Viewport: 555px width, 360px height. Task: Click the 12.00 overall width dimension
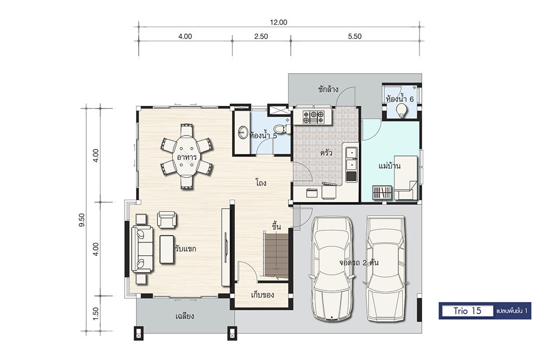pos(279,22)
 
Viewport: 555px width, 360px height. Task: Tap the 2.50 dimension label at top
pos(261,36)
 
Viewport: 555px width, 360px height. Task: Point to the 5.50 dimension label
pos(354,36)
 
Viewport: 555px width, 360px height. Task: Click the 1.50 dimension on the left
pos(96,313)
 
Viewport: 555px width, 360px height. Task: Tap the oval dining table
pos(186,156)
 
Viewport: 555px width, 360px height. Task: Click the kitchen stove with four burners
pos(313,117)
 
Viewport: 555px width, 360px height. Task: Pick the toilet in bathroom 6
pos(401,111)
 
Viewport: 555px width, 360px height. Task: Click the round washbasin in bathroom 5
pos(243,133)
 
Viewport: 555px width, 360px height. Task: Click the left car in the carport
pos(332,269)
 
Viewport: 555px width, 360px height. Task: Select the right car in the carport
pos(385,269)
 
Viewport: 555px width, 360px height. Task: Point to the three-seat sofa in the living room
pos(143,249)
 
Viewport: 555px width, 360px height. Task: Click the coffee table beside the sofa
pos(167,249)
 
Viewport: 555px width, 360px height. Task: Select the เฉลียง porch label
pos(184,316)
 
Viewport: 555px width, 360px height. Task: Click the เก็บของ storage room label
pos(262,294)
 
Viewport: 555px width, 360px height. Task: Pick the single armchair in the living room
pos(167,220)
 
